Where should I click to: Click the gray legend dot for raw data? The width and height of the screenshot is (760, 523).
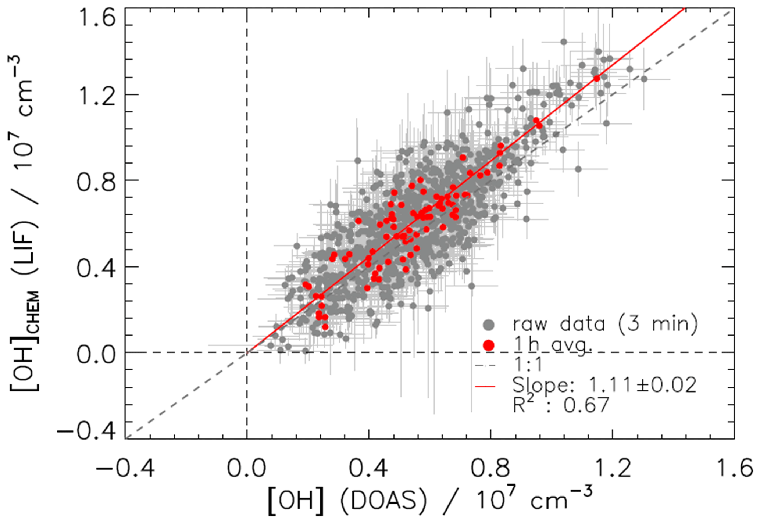pyautogui.click(x=489, y=325)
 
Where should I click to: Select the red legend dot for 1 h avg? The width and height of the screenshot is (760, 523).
pyautogui.click(x=489, y=345)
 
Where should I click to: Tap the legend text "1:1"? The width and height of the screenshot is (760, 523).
pyautogui.click(x=528, y=365)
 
